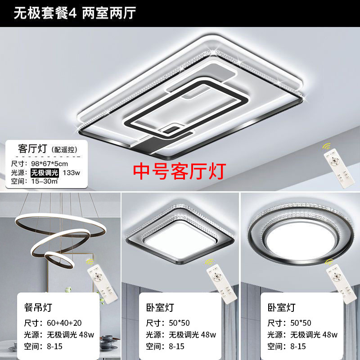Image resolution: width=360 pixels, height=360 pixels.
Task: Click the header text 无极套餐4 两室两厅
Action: pos(75,13)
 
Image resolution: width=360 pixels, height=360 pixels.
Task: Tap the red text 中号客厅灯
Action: pos(180,171)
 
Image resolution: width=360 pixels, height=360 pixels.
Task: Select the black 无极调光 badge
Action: pos(45,173)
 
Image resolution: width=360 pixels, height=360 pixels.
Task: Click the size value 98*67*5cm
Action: pos(49,164)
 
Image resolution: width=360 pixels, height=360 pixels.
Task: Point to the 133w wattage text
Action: pos(72,173)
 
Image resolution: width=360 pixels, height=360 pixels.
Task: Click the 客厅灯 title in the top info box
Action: pos(32,149)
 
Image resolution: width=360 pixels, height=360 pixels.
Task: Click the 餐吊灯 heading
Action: pos(38,307)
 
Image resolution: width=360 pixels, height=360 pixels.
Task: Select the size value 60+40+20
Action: pos(64,323)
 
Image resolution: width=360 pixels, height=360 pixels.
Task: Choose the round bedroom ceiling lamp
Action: pos(301,234)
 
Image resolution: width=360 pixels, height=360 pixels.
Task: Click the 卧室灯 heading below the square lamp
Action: pos(160,307)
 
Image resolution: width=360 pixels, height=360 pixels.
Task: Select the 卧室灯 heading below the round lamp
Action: pos(282,307)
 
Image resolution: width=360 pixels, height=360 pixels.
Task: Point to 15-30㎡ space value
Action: pos(45,181)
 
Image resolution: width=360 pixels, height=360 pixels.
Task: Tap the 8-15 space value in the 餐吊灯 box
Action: pos(54,346)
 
